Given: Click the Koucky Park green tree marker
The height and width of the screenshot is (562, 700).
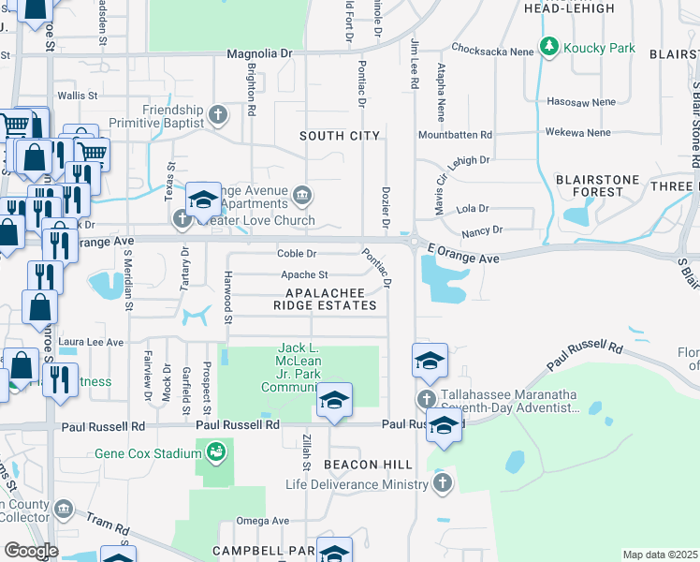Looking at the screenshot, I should point(548,48).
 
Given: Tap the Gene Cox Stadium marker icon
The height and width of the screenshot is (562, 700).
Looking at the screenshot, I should point(216,453).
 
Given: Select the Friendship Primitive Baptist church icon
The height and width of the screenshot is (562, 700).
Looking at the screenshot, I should point(218,115).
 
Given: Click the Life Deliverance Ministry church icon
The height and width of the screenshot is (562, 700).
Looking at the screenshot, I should point(443,484).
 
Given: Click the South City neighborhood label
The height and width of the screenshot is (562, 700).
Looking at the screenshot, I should point(340,136).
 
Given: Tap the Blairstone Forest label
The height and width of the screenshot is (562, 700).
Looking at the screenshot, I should point(597,185).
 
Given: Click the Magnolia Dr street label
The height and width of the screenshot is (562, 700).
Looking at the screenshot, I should point(259,54).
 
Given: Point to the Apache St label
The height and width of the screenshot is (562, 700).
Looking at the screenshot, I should point(304,275).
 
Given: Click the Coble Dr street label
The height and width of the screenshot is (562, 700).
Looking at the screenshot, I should point(298,254).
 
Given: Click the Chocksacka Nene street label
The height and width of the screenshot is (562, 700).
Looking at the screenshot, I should point(489,47).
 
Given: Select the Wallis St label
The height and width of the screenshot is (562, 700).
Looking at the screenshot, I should point(78,96).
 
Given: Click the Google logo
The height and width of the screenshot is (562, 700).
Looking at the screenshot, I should point(31,550).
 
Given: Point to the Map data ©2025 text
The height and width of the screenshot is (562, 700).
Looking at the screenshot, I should point(659,555).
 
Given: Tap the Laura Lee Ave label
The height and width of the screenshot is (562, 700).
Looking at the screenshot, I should point(91,343).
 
